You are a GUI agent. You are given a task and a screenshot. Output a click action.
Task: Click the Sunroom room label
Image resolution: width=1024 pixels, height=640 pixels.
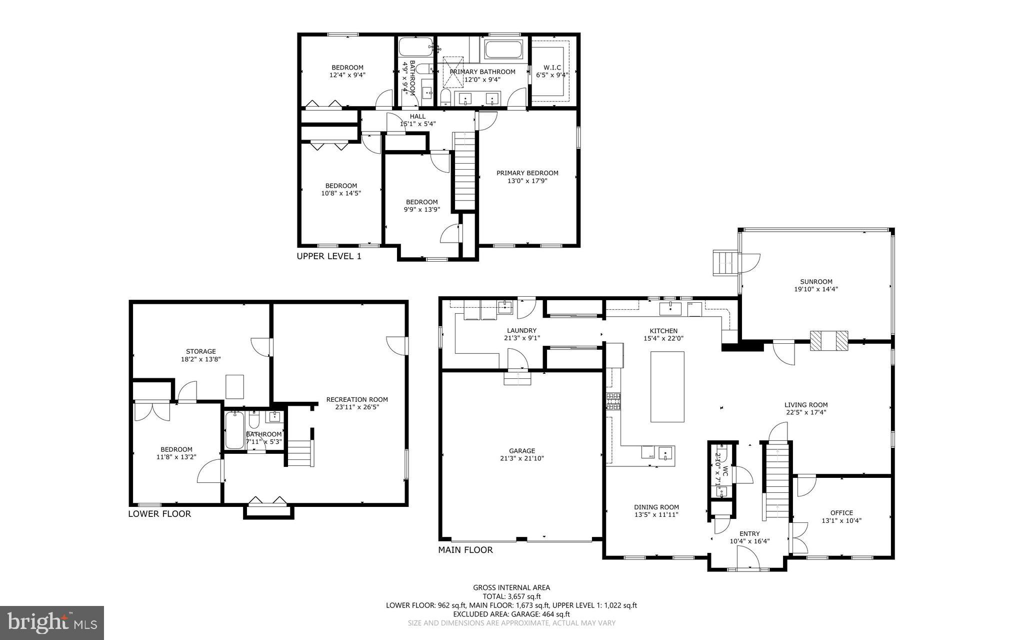point(815,282)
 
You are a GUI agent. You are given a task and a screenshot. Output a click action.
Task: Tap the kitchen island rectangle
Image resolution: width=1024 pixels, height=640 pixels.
point(667,387)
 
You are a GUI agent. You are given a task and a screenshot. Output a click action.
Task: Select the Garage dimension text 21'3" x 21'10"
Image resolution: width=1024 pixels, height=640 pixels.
point(522,458)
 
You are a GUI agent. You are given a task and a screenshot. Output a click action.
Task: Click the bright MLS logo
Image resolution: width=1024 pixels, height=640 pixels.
point(52,622)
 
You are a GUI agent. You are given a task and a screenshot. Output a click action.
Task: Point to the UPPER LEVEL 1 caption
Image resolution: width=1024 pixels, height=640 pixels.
point(328,256)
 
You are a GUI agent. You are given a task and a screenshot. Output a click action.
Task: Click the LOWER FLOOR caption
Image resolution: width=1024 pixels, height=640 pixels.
point(159,514)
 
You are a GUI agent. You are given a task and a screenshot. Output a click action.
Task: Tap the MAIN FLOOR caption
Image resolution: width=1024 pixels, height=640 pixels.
point(465,550)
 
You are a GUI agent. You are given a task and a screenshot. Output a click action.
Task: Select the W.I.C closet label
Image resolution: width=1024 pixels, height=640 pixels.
point(552,68)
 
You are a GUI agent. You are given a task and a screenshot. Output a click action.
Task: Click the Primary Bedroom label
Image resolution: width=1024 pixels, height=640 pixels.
point(527,173)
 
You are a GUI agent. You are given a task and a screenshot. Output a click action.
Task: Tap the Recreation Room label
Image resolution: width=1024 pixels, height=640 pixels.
point(357,399)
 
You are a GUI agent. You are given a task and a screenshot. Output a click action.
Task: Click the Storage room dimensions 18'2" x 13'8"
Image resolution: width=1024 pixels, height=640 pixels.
point(200,359)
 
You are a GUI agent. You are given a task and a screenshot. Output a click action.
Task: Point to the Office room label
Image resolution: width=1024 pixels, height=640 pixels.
point(841,513)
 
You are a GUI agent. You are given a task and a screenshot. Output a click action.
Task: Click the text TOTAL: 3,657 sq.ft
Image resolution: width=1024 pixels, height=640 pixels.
point(511,596)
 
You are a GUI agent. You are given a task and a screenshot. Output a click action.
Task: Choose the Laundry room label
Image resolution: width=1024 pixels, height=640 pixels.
point(521,330)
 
